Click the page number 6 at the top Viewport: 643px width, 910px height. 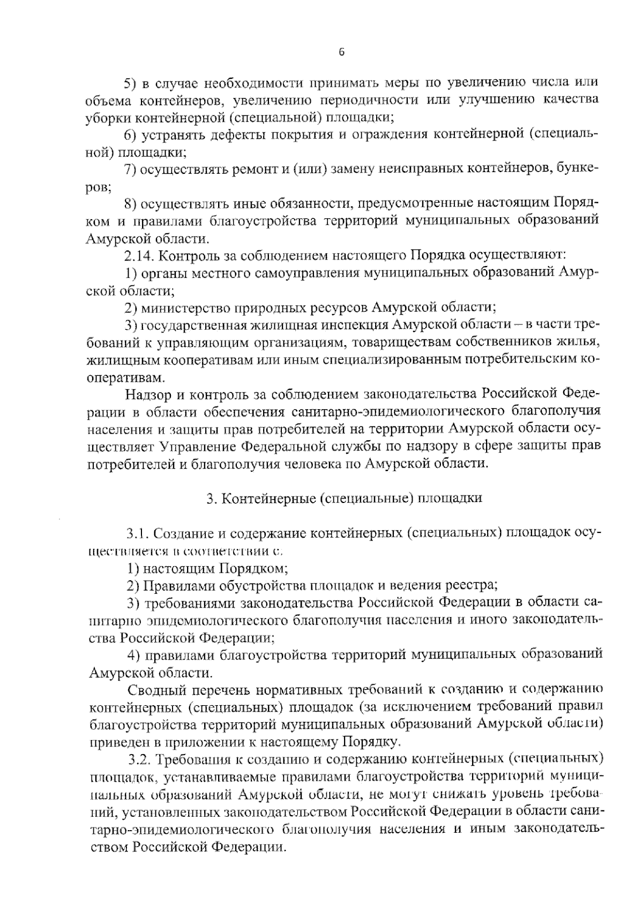click(342, 52)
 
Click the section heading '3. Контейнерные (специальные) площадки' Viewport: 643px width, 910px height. click(345, 498)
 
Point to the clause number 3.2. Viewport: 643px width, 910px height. click(141, 760)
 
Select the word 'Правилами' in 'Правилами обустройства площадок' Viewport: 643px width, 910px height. click(173, 585)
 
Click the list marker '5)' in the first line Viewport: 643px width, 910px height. click(131, 83)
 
